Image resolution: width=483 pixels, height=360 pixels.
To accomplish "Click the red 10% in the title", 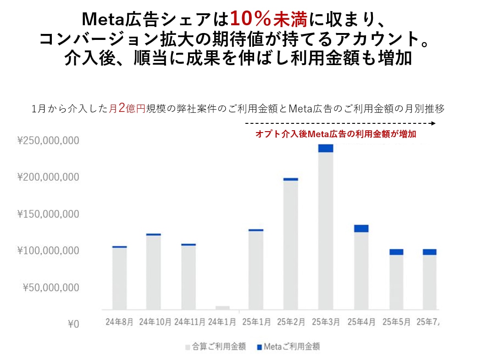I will click(x=250, y=19).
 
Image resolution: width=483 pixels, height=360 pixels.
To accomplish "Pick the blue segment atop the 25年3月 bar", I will click(x=326, y=148).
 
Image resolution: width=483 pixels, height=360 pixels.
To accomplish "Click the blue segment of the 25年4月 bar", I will click(x=361, y=228).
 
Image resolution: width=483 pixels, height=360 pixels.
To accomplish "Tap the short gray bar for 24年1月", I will click(x=222, y=308).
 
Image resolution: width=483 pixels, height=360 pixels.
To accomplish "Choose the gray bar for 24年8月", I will click(x=119, y=278).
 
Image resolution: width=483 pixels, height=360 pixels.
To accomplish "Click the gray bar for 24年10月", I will click(x=154, y=272).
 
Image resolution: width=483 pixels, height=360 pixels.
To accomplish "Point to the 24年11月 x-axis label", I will click(x=188, y=322).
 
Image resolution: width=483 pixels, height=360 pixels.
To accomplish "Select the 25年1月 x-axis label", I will click(x=257, y=322).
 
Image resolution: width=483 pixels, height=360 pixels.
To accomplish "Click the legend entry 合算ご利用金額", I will click(x=215, y=347).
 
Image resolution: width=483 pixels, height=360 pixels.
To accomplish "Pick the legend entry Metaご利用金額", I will click(x=288, y=347).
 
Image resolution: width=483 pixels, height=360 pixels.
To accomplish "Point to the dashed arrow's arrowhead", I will click(x=433, y=123).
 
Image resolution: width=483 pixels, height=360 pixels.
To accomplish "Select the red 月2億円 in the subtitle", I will click(x=127, y=109).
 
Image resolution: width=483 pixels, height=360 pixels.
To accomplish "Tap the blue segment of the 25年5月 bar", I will click(x=396, y=252).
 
